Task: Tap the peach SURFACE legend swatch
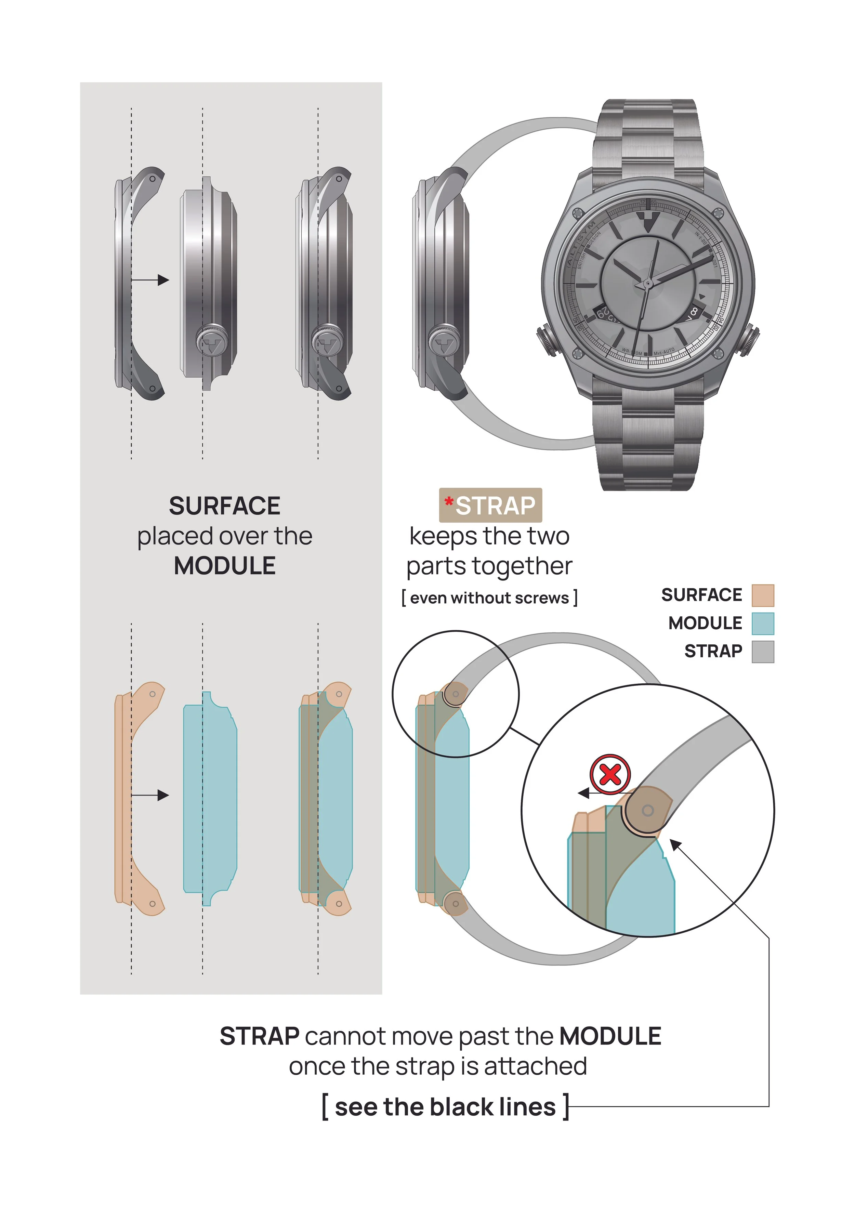[x=762, y=595]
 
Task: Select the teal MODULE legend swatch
[x=762, y=624]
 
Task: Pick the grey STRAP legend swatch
[x=762, y=652]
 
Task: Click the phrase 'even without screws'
[x=490, y=598]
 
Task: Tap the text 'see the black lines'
[x=445, y=1107]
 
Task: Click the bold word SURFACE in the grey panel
[x=225, y=506]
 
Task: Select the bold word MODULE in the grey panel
[x=225, y=566]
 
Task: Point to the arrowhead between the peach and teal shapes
[x=164, y=795]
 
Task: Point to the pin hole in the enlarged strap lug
[x=648, y=811]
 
